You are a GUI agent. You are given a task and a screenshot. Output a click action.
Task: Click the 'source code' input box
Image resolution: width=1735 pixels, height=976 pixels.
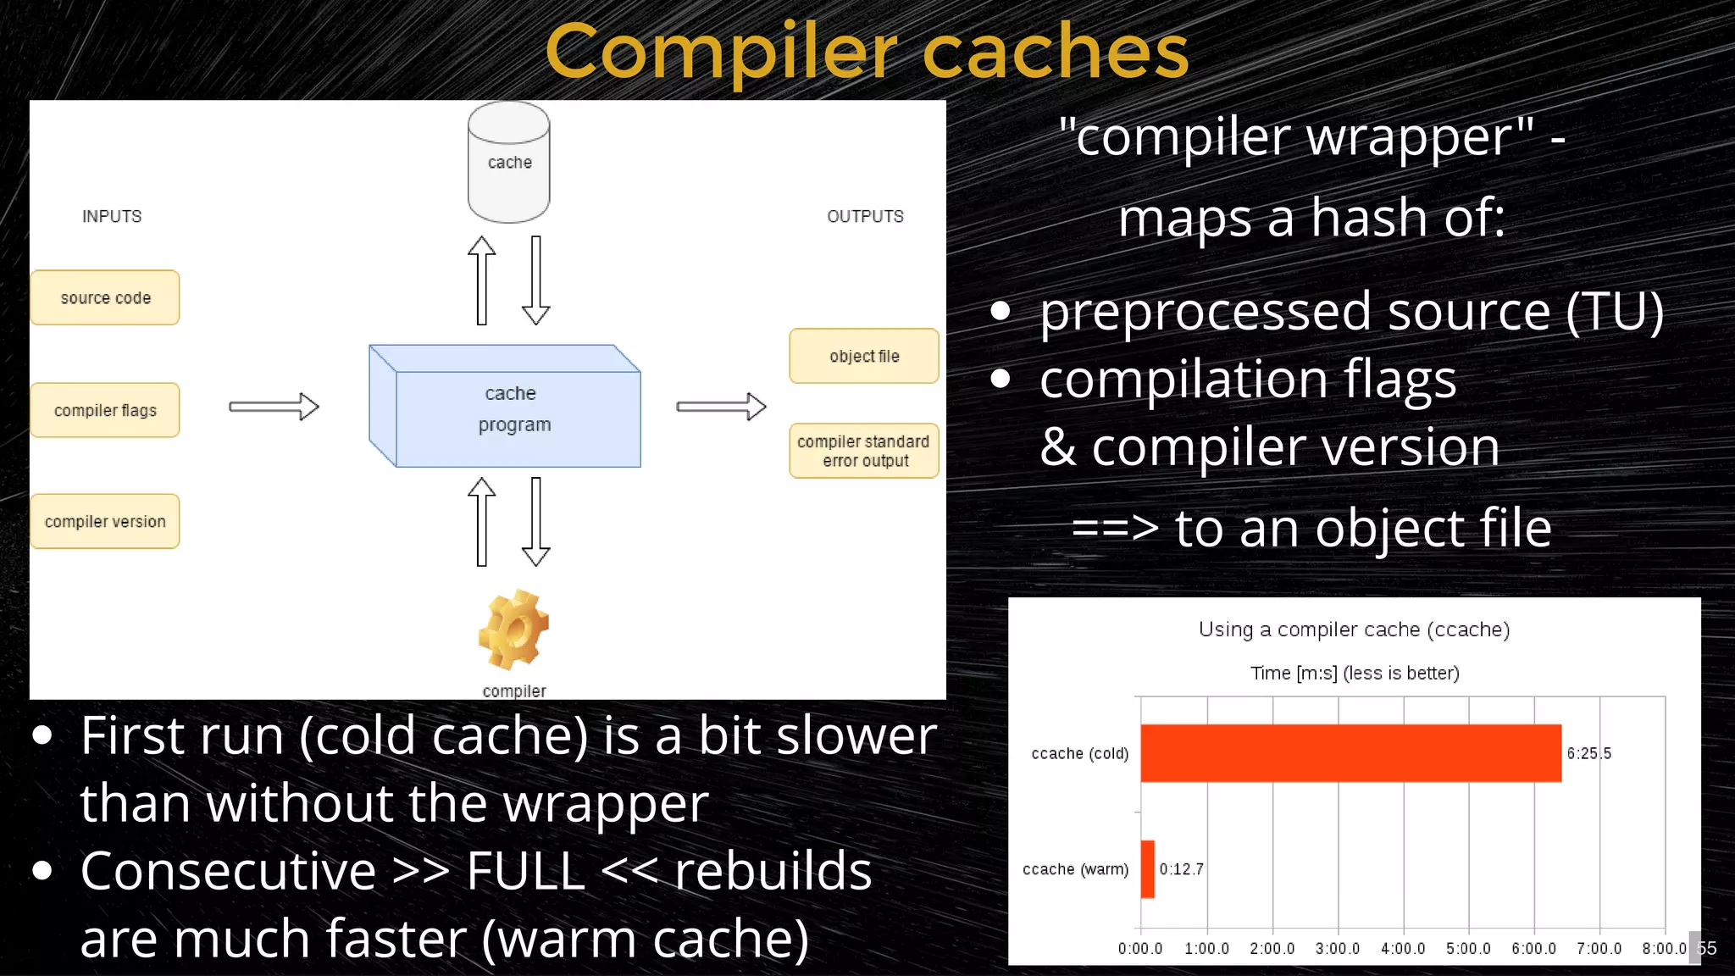(105, 297)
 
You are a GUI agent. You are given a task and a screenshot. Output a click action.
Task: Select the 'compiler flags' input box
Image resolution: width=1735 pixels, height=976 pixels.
(105, 410)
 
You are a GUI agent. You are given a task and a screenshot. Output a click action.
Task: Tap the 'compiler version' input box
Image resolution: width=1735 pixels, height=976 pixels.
(105, 521)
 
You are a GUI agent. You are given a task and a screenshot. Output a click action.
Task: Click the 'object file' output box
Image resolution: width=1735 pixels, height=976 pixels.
(863, 356)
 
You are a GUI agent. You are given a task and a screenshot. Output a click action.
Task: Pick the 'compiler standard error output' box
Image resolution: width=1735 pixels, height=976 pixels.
(863, 451)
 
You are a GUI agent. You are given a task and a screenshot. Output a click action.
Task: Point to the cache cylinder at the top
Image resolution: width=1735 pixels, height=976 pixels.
(509, 163)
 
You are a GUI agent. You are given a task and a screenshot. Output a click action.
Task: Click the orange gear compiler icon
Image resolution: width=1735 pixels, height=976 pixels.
(513, 630)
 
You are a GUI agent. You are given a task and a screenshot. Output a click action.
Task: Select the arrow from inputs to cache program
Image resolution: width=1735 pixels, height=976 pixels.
(274, 407)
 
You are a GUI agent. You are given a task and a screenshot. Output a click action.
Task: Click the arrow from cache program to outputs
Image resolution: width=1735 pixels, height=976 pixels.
(721, 407)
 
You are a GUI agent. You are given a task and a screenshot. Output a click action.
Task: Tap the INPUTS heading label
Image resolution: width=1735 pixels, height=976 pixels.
(112, 216)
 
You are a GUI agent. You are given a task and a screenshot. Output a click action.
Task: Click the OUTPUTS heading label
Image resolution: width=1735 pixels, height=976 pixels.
(865, 216)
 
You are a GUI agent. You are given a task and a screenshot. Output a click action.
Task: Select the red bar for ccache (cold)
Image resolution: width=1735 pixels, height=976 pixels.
(1350, 753)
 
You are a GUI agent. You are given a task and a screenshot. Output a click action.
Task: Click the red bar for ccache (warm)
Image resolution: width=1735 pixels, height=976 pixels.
(1148, 868)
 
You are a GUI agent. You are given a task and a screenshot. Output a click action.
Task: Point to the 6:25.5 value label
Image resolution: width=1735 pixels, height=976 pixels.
(1588, 753)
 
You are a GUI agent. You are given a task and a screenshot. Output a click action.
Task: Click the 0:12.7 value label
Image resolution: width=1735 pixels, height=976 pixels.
(1181, 868)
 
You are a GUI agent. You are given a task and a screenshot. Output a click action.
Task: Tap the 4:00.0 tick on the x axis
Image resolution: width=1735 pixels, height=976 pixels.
(1403, 948)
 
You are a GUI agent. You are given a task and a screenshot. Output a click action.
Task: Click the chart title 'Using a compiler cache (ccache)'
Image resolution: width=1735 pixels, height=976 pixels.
(1354, 629)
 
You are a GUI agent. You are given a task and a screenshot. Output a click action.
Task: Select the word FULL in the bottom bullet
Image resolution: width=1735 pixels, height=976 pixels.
(525, 871)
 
